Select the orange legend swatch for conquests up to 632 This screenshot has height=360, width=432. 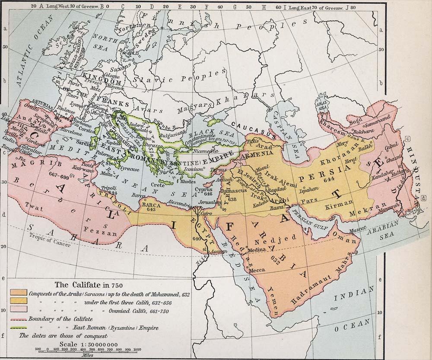(19, 293)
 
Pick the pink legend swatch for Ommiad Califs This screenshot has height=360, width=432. (19, 309)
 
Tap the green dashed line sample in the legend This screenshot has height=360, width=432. (19, 328)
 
